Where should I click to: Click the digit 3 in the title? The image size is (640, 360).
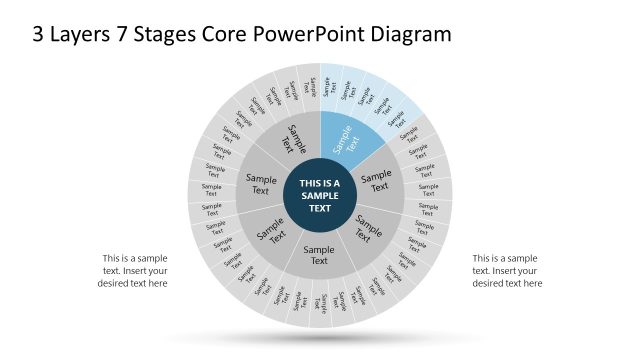[x=39, y=34]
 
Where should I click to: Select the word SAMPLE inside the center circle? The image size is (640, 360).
[x=320, y=196]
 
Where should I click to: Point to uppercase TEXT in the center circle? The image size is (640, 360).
[x=320, y=209]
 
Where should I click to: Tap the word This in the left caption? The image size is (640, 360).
[x=113, y=257]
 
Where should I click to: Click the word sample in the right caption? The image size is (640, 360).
[x=526, y=257]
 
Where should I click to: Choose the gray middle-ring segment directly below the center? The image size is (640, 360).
[x=319, y=255]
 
